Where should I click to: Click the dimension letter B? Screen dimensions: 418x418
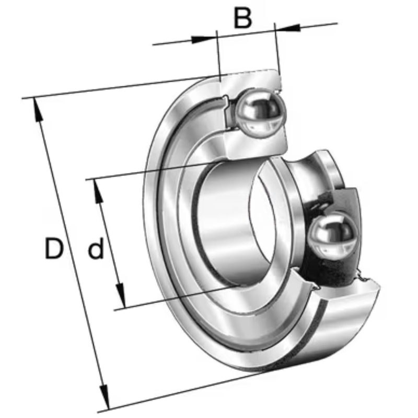pyautogui.click(x=242, y=18)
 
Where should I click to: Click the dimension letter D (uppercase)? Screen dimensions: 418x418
pyautogui.click(x=54, y=249)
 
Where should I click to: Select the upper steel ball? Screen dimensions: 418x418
pyautogui.click(x=261, y=114)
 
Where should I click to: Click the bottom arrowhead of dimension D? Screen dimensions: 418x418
pyautogui.click(x=105, y=397)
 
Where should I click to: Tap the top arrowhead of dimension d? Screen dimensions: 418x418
pyautogui.click(x=98, y=191)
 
